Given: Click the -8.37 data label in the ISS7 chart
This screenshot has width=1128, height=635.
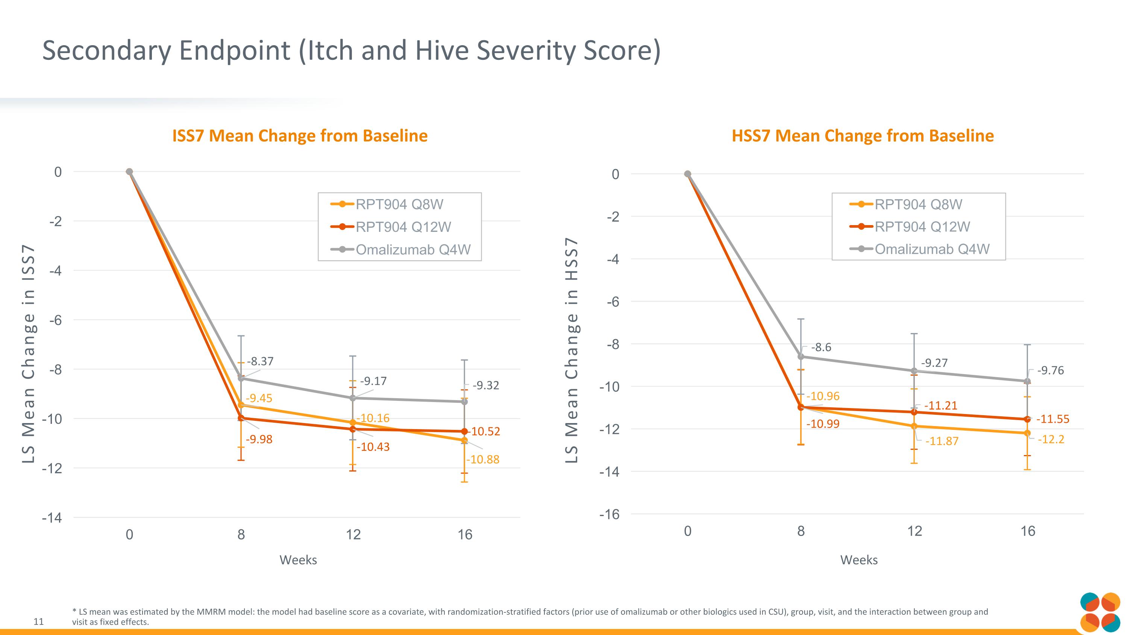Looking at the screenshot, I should pyautogui.click(x=260, y=362).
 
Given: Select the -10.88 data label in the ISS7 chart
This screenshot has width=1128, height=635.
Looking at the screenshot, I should pyautogui.click(x=482, y=459).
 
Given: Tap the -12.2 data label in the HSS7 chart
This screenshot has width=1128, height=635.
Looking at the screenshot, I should pyautogui.click(x=1051, y=439).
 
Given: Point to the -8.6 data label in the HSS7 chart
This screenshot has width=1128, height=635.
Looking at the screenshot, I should pyautogui.click(x=821, y=347).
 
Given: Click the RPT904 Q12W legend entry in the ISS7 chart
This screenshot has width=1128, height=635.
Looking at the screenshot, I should pyautogui.click(x=403, y=227).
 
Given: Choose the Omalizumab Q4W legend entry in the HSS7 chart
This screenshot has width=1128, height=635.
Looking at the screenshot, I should pyautogui.click(x=932, y=249).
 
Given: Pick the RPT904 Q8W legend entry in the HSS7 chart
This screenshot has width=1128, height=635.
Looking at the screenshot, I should pyautogui.click(x=918, y=204).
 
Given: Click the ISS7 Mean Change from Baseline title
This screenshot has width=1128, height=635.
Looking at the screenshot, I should pyautogui.click(x=300, y=136).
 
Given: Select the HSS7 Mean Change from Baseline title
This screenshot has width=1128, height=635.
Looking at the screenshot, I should pyautogui.click(x=863, y=136).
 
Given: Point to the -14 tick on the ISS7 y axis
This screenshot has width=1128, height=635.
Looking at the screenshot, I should pyautogui.click(x=52, y=518).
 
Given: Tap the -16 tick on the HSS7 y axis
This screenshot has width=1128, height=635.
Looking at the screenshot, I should pyautogui.click(x=609, y=514).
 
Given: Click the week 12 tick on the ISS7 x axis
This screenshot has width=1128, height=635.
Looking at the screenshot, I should pyautogui.click(x=353, y=534).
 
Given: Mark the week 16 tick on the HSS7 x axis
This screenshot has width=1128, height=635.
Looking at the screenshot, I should pyautogui.click(x=1028, y=531).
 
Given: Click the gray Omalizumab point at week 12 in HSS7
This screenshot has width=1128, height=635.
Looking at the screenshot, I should pyautogui.click(x=914, y=371).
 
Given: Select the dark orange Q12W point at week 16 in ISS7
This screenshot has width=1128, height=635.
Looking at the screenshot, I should pyautogui.click(x=465, y=432).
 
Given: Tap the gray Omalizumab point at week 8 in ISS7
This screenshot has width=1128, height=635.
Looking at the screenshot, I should pyautogui.click(x=241, y=378).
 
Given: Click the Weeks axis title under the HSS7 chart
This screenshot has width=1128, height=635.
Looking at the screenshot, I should pyautogui.click(x=859, y=560).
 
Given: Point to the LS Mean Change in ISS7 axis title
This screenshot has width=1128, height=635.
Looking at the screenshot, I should pyautogui.click(x=29, y=354).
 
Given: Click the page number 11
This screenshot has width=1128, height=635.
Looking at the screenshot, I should pyautogui.click(x=38, y=621).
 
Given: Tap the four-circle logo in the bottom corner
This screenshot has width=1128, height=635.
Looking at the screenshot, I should pyautogui.click(x=1100, y=612).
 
